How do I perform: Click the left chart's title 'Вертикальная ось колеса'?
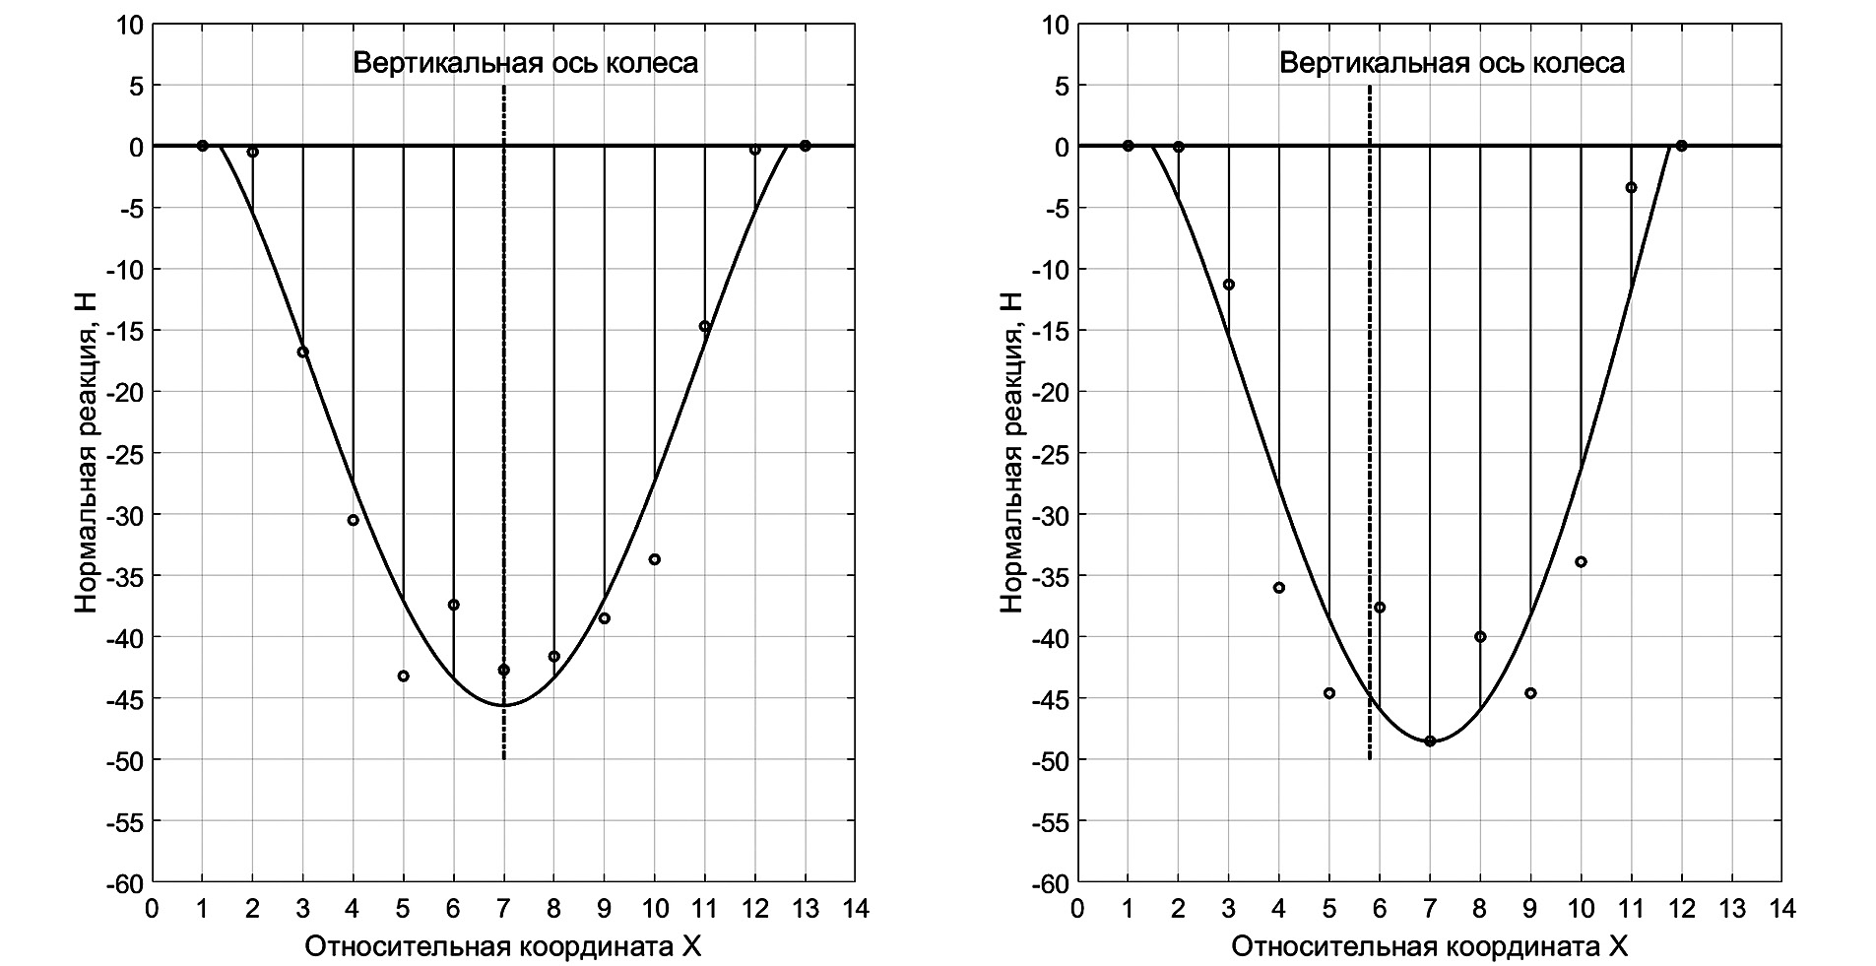pyautogui.click(x=525, y=64)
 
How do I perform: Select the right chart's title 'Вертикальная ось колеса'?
pyautogui.click(x=1452, y=64)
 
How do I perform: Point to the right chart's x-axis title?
pyautogui.click(x=1429, y=946)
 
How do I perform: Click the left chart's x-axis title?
pyautogui.click(x=503, y=946)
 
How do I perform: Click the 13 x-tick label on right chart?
pyautogui.click(x=1731, y=908)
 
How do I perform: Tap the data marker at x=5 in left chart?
pyautogui.click(x=403, y=676)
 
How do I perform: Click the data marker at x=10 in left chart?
pyautogui.click(x=654, y=559)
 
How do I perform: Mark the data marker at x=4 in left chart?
pyautogui.click(x=353, y=520)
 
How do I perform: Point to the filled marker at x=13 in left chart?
pyautogui.click(x=805, y=146)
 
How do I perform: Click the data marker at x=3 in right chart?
pyautogui.click(x=1228, y=285)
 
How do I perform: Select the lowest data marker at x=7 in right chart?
pyautogui.click(x=1430, y=741)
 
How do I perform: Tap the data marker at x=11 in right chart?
pyautogui.click(x=1631, y=187)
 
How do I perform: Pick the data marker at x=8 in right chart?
pyautogui.click(x=1480, y=636)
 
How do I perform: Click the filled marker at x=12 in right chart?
pyautogui.click(x=1681, y=146)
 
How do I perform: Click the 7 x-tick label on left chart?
pyautogui.click(x=503, y=908)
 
